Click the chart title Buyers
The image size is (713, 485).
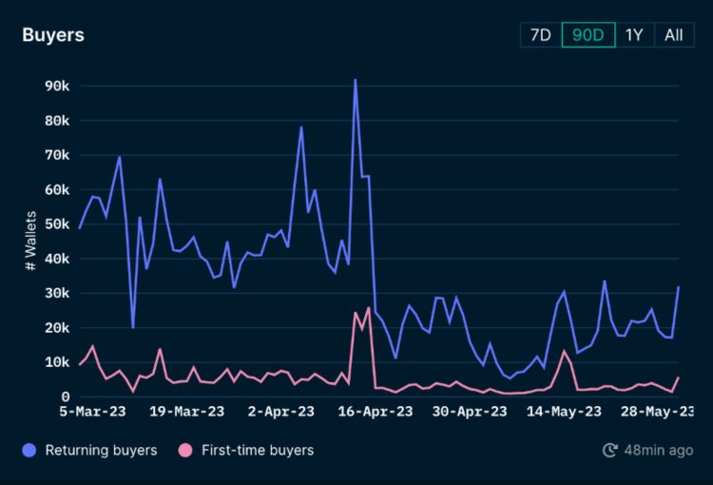(x=53, y=35)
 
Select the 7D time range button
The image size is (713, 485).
(x=540, y=35)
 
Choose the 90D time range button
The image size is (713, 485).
(x=588, y=35)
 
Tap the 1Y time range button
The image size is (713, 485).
(x=634, y=35)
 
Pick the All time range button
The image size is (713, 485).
(x=673, y=35)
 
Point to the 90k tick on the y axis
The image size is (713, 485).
(x=57, y=87)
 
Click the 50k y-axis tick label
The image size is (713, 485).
(x=57, y=224)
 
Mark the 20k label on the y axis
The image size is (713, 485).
(x=57, y=328)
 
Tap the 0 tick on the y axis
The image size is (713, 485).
(x=65, y=397)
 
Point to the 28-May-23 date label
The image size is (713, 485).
(x=656, y=412)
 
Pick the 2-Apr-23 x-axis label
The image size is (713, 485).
(x=280, y=412)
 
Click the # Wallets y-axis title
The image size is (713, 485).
(x=30, y=242)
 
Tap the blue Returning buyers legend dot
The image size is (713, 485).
(x=30, y=450)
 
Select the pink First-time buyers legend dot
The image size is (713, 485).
(x=185, y=450)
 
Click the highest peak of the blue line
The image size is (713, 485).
(x=355, y=80)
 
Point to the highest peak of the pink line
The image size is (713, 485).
(x=368, y=308)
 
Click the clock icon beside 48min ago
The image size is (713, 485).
(x=610, y=450)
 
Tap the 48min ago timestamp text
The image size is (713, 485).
(x=659, y=450)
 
